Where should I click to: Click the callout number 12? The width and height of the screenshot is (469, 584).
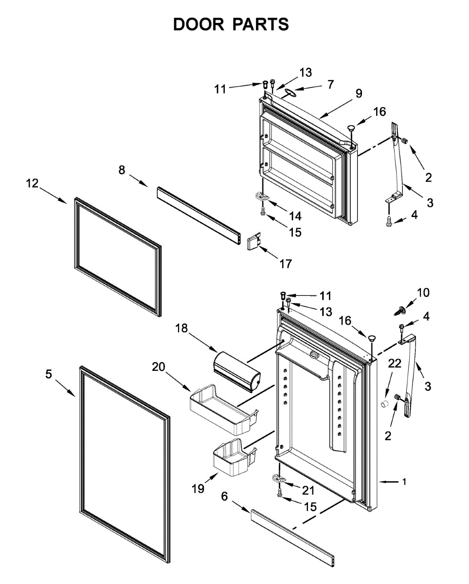pos(32,183)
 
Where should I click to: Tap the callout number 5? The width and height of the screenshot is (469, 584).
pos(48,374)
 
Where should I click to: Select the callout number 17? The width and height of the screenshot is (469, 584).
pos(286,264)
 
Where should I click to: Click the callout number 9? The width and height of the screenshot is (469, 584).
pos(359,93)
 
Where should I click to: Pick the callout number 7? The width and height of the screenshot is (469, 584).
pos(330,84)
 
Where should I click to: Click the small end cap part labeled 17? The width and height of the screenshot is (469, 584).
pos(253,242)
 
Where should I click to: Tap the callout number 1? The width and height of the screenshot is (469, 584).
pos(404,482)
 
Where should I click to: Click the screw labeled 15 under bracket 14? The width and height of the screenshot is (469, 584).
pos(263,211)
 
